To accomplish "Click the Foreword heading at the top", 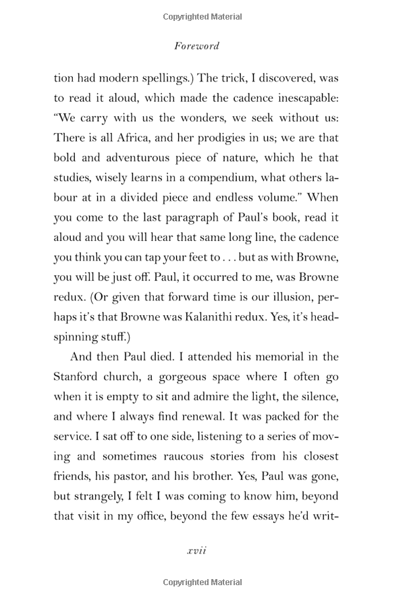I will click(x=196, y=46).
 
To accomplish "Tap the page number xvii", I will click(x=196, y=550).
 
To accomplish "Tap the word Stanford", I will click(x=78, y=375).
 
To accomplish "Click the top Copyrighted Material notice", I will click(x=202, y=16).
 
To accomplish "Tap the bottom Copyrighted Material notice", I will click(x=202, y=582).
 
